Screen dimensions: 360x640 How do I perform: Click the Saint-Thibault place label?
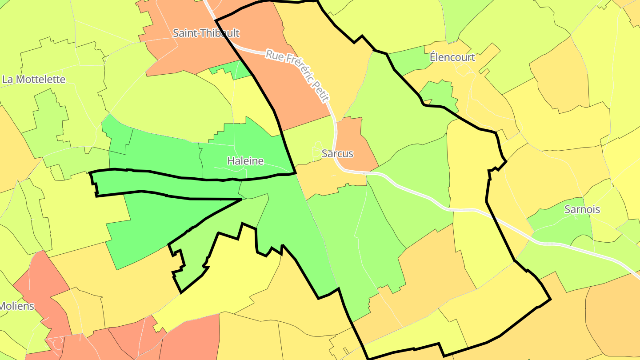pos(206,33)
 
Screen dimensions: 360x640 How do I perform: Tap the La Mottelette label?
pos(34,80)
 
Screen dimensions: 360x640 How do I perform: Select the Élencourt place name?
pos(452,57)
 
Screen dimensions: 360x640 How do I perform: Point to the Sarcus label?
pos(337,154)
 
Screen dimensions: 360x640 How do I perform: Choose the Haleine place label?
pos(245,161)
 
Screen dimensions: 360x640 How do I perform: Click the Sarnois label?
pos(582,209)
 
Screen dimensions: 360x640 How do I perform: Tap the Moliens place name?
pos(17,306)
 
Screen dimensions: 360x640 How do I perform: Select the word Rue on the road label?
pos(275,55)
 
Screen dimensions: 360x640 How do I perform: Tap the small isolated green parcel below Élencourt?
pos(439,94)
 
